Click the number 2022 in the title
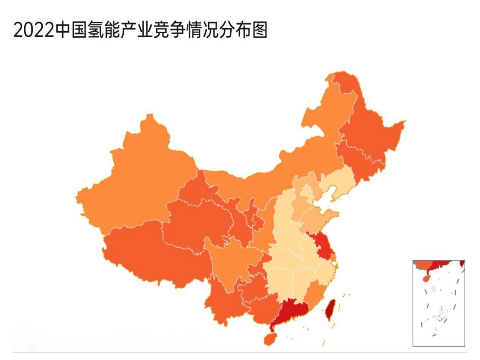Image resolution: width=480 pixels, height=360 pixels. [x=34, y=30]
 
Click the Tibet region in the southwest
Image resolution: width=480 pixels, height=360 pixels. [x=151, y=254]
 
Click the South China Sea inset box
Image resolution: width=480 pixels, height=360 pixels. [x=438, y=303]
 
